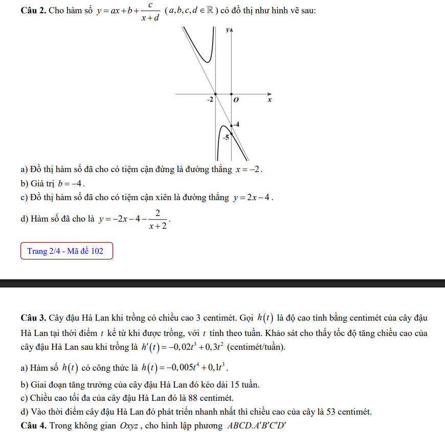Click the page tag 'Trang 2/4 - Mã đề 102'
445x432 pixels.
tap(66, 251)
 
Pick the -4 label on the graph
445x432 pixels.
tap(236, 125)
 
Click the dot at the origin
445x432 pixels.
tap(232, 94)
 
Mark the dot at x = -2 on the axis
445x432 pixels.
tap(215, 94)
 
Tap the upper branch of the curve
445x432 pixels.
tap(202, 51)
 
